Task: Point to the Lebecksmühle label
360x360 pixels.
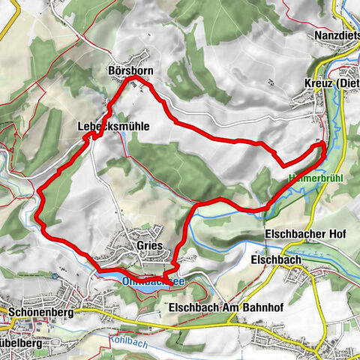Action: tap(113, 127)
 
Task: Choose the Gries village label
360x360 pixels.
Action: tap(150, 245)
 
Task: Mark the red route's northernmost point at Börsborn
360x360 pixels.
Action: tap(133, 78)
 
